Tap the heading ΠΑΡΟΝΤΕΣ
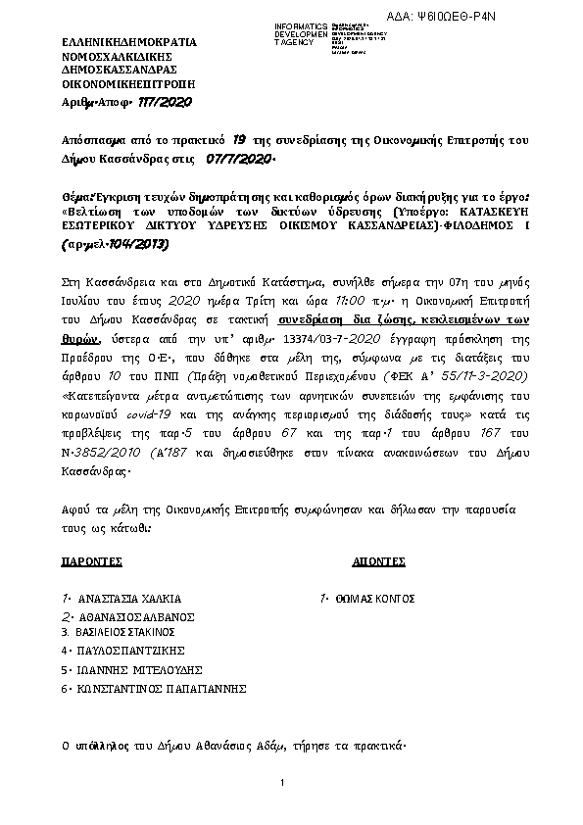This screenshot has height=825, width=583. click(x=91, y=562)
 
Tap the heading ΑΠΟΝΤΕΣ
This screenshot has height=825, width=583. click(x=378, y=562)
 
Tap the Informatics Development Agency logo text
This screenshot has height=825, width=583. click(x=303, y=32)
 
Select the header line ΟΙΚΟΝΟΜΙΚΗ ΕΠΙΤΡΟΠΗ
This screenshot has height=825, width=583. click(x=122, y=85)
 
